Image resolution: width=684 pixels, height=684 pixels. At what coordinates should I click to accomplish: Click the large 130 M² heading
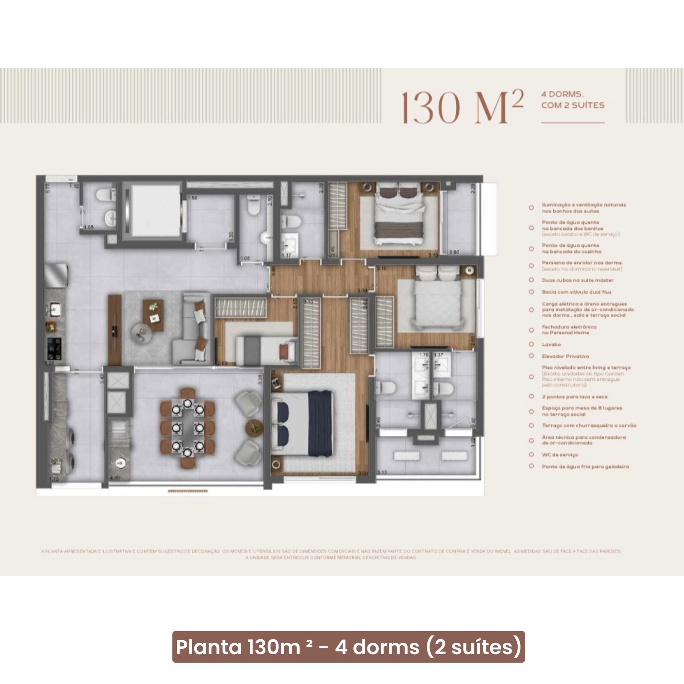tap(462, 107)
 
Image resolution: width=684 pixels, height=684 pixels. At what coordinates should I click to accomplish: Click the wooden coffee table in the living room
tap(153, 315)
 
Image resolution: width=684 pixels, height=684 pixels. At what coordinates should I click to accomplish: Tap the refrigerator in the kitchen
tap(56, 275)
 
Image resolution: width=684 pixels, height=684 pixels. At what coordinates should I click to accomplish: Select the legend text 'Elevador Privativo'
tap(565, 356)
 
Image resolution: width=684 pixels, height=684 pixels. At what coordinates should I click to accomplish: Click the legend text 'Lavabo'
tap(551, 344)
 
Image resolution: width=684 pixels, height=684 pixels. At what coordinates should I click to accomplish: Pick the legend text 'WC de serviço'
tap(560, 455)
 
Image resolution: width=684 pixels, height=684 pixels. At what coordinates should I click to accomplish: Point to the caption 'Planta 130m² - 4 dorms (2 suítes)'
tap(348, 647)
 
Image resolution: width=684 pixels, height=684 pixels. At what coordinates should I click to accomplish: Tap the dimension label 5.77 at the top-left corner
tap(48, 188)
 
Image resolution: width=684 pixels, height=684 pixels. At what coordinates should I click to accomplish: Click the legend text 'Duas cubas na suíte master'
tap(577, 280)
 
